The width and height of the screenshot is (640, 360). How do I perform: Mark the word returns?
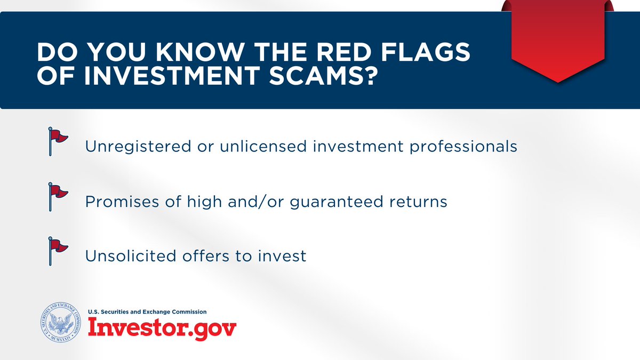click(418, 202)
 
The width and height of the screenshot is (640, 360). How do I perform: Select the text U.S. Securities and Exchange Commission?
click(147, 311)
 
